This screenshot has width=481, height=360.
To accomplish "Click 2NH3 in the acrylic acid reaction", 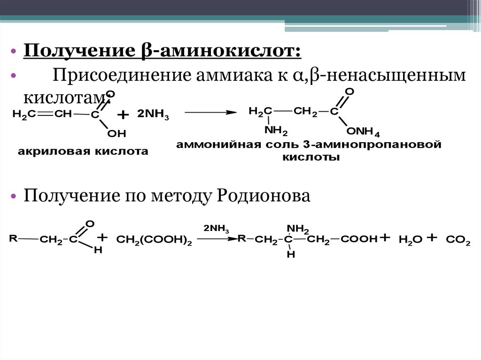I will tap(153, 115).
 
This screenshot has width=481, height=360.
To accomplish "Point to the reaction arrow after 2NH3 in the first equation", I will tap(209, 113).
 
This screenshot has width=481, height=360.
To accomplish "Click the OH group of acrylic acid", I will tap(117, 134).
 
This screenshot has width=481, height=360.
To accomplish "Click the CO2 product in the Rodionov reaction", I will tap(458, 240).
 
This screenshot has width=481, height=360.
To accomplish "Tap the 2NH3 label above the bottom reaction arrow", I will tap(216, 229).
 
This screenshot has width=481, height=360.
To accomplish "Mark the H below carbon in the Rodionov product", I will tap(290, 254).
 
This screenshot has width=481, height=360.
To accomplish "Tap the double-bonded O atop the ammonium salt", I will tap(349, 91).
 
